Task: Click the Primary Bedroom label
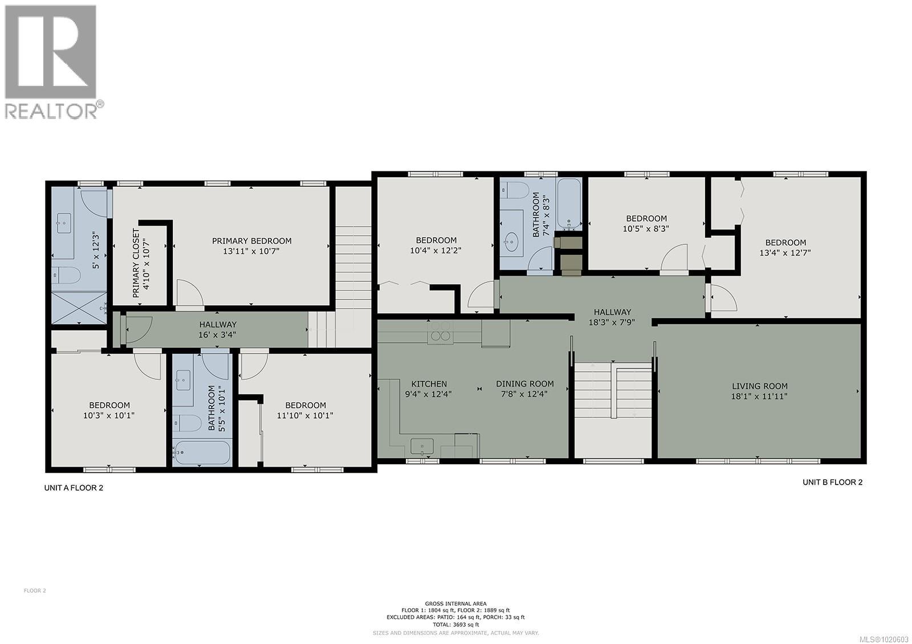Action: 251,241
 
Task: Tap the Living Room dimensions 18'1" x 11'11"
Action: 759,396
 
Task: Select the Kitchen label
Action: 429,384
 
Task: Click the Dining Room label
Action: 524,384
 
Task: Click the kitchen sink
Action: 422,445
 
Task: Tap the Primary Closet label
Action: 136,263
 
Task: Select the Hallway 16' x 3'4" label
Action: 218,325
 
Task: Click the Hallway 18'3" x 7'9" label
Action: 612,312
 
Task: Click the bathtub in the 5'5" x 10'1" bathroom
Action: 203,453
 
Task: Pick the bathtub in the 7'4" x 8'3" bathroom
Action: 569,203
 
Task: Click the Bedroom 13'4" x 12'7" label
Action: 785,243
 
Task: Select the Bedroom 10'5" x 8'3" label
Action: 646,218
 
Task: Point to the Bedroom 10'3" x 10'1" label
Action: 108,405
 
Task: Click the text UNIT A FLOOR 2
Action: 74,488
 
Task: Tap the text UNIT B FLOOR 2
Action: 832,482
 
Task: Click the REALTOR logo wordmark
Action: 51,110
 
